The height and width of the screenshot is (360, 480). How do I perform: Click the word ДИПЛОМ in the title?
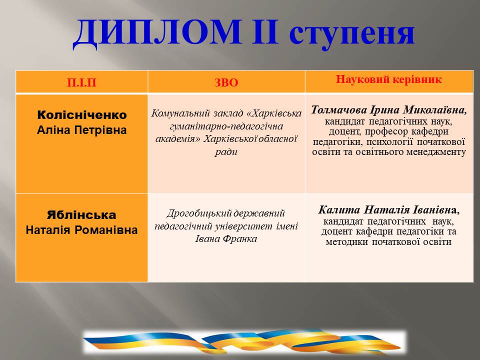click(x=157, y=33)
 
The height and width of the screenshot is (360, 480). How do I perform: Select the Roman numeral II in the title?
click(x=265, y=31)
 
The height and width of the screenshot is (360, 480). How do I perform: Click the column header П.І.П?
click(x=81, y=82)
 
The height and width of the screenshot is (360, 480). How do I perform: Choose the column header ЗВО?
click(x=226, y=82)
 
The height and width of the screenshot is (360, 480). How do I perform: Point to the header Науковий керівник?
click(x=389, y=79)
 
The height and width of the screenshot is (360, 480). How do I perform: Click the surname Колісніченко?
click(x=81, y=115)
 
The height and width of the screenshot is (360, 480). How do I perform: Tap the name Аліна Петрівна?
click(x=81, y=130)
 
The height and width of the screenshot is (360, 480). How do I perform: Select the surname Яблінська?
click(x=81, y=215)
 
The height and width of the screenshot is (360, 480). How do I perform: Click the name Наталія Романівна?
click(x=81, y=230)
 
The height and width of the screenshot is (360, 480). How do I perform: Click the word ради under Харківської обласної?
click(x=226, y=152)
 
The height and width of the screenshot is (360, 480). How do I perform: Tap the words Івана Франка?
click(x=226, y=239)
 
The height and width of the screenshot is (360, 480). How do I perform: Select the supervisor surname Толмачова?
click(x=339, y=110)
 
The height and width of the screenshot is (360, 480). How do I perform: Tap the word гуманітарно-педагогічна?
click(x=226, y=126)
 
